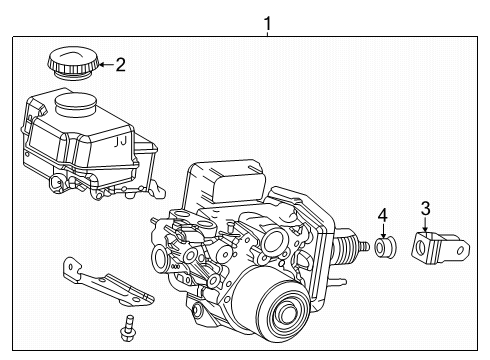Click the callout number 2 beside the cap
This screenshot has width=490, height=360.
pyautogui.click(x=120, y=66)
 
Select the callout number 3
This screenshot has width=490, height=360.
pyautogui.click(x=425, y=209)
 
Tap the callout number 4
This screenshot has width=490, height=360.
pyautogui.click(x=382, y=215)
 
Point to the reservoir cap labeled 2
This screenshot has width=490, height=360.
pyautogui.click(x=72, y=64)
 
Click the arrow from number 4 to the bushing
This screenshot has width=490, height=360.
pyautogui.click(x=382, y=229)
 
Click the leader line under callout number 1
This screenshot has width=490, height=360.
pyautogui.click(x=267, y=32)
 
